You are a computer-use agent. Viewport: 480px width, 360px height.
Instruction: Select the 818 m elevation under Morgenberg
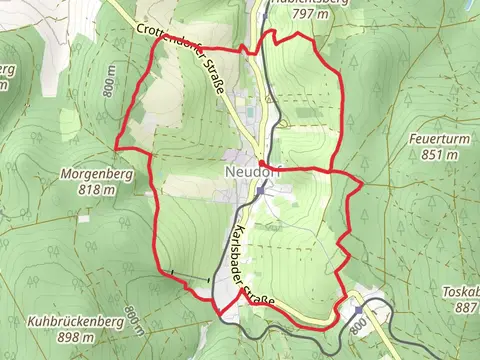90,189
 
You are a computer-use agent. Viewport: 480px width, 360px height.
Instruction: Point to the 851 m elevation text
439,155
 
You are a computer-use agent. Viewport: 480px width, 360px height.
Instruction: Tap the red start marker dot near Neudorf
261,164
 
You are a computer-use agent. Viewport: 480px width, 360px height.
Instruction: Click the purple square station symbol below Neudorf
260,190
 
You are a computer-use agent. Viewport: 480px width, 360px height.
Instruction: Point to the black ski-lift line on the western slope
190,276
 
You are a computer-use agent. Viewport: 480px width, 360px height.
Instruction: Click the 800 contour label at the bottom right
357,327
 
